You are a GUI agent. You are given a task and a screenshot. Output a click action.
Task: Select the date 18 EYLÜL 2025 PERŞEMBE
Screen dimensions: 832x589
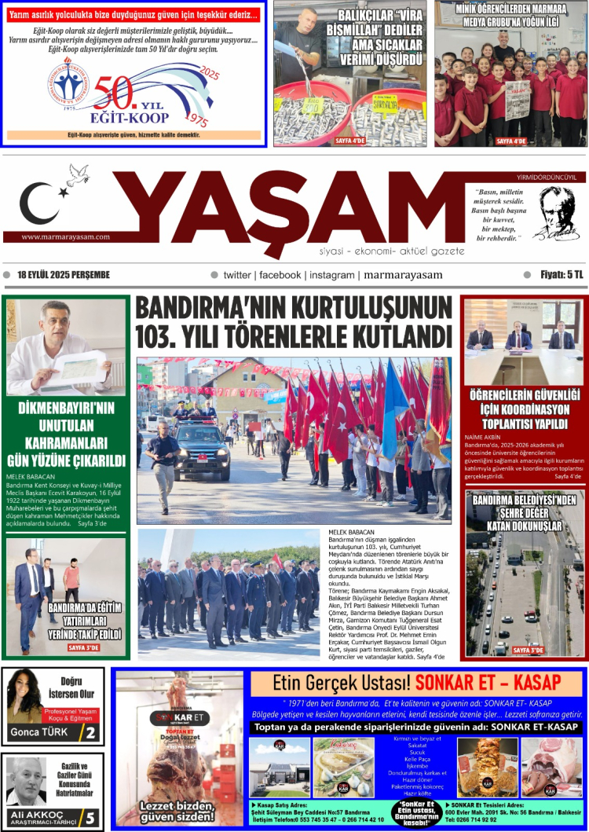point(63,275)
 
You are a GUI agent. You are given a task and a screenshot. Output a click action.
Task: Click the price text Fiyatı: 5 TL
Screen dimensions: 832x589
point(558,275)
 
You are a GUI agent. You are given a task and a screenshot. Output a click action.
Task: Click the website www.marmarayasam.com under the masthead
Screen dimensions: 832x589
point(66,236)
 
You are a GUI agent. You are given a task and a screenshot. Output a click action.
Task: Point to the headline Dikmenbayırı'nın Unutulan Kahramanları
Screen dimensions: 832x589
point(66,434)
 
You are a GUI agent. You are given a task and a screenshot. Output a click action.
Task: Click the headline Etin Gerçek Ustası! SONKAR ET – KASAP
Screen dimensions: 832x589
point(416,681)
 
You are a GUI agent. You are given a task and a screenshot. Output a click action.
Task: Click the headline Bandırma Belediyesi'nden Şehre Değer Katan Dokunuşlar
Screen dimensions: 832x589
point(525,512)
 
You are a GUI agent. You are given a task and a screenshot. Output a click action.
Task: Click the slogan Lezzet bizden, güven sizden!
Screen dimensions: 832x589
point(177,811)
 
